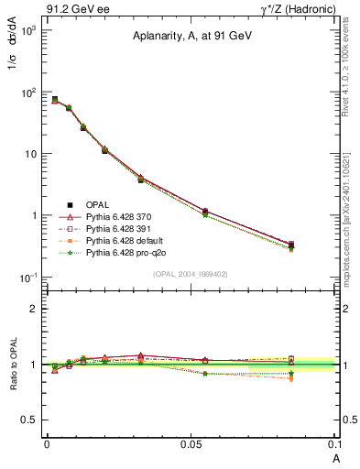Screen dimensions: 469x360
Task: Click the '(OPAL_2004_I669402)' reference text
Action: (194, 273)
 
